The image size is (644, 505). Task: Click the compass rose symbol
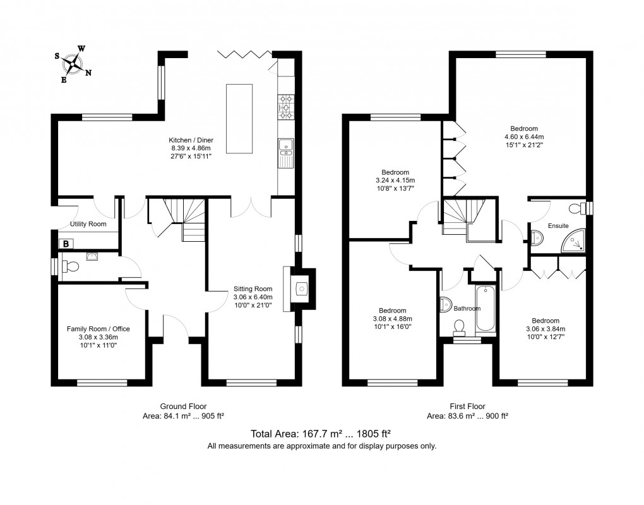tap(73, 64)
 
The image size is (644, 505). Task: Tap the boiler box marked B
tap(66, 244)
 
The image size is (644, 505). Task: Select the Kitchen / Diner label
tap(191, 140)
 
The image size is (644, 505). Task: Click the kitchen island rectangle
tap(239, 119)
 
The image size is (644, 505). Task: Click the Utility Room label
tap(88, 223)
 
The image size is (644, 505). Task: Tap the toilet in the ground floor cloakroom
tap(70, 266)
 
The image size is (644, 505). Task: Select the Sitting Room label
tap(253, 288)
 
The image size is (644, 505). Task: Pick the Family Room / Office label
tap(98, 329)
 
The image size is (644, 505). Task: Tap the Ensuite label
tap(558, 226)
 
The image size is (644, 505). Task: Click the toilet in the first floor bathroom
tap(459, 327)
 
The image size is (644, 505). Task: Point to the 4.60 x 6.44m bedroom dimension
tap(524, 137)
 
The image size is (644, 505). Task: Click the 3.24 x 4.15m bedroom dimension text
tap(395, 181)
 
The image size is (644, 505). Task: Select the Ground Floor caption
tap(183, 407)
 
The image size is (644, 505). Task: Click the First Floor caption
tap(467, 407)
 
